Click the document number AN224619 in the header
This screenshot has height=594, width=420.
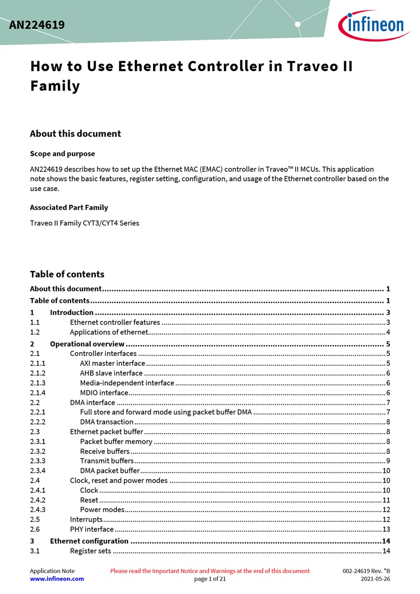coord(37,25)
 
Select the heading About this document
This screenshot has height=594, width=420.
coord(75,134)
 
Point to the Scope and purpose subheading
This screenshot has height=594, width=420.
coord(62,154)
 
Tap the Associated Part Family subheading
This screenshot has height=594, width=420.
coord(69,207)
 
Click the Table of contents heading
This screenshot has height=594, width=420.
coord(67,274)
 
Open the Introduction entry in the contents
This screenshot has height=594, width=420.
coord(71,312)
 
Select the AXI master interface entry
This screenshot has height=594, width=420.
coord(112,363)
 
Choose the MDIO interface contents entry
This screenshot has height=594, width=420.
coord(104,393)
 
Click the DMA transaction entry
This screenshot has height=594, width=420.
coord(107,422)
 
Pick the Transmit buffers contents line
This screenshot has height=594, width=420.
coord(107,461)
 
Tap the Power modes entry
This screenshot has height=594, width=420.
coord(102,510)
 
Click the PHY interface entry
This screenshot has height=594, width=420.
coord(92,529)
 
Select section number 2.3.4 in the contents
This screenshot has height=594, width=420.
coord(38,471)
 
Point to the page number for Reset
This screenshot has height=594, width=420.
coord(386,500)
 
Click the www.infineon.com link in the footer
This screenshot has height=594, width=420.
coord(57,579)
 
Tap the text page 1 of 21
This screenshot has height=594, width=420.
coord(210,579)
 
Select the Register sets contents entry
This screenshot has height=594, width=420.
coord(90,551)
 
